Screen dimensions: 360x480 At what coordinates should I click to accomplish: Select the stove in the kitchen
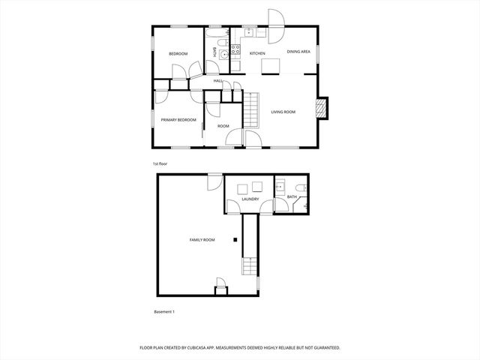(235, 52)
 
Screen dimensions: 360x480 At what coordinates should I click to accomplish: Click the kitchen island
(271, 67)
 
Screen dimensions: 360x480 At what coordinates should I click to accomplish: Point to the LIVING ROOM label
(283, 112)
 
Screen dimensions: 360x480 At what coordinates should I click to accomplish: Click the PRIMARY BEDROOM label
(178, 120)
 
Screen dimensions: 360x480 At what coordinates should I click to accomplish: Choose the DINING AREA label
(299, 52)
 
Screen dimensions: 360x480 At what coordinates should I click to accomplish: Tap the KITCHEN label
(257, 53)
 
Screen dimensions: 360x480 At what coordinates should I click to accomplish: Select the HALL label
(217, 81)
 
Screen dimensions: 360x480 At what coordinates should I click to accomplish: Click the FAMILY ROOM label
(202, 240)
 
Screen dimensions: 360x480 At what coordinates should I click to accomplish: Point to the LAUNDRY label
(250, 199)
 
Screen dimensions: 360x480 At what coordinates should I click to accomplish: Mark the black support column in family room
(235, 240)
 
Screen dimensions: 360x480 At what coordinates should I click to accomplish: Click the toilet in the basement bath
(298, 187)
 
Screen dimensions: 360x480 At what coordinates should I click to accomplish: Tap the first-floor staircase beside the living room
(252, 104)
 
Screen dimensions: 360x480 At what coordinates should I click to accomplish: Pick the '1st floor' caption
(159, 163)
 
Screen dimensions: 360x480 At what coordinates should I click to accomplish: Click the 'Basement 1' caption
(163, 311)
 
